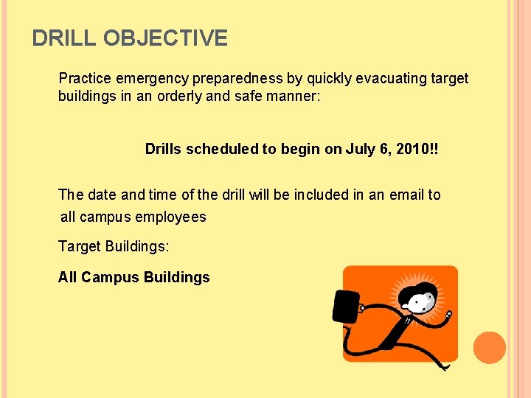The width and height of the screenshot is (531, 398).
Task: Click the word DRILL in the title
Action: [x=65, y=38]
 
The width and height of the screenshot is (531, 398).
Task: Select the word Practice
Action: [x=84, y=78]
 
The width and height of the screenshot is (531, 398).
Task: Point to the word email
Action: [x=406, y=195]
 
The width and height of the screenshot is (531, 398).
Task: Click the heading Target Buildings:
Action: [x=113, y=246]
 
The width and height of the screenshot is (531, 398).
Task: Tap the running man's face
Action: [x=420, y=301]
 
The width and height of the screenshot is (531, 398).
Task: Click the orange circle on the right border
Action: [x=489, y=348]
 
